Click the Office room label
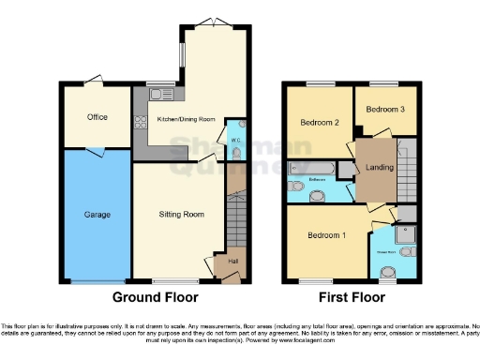tap(97, 117)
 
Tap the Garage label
tap(97, 215)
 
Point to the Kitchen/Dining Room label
tap(186, 119)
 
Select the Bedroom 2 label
tap(319, 123)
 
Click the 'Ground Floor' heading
tap(155, 298)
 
